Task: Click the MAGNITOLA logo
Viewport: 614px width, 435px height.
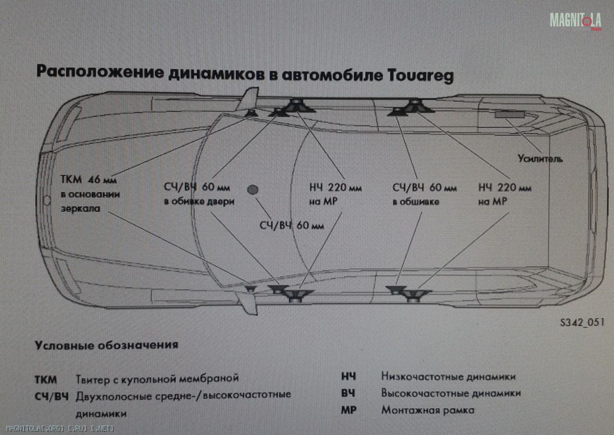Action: pyautogui.click(x=575, y=20)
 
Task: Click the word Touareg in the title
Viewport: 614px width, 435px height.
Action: pyautogui.click(x=421, y=75)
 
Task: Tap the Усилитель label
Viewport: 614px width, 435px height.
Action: pyautogui.click(x=540, y=159)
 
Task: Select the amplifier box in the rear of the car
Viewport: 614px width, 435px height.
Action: pyautogui.click(x=510, y=115)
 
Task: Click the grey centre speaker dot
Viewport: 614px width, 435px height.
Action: pyautogui.click(x=253, y=190)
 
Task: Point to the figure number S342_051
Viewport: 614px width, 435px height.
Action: pyautogui.click(x=582, y=322)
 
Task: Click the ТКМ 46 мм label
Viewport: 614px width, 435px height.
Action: pyautogui.click(x=88, y=179)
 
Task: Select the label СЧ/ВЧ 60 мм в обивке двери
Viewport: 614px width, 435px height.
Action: pyautogui.click(x=199, y=194)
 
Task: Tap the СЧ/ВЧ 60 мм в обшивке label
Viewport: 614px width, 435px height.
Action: pyautogui.click(x=425, y=194)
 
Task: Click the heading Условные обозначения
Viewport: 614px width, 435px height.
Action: pyautogui.click(x=107, y=345)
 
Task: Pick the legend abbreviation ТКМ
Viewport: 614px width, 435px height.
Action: pyautogui.click(x=46, y=379)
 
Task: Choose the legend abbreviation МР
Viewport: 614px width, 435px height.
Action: pyautogui.click(x=349, y=410)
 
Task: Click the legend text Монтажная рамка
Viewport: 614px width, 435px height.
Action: pyautogui.click(x=428, y=410)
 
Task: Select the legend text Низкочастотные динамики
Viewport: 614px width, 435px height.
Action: pyautogui.click(x=448, y=377)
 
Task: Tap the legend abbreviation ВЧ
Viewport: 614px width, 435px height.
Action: pyautogui.click(x=348, y=393)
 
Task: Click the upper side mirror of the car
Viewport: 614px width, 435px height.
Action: pyautogui.click(x=248, y=99)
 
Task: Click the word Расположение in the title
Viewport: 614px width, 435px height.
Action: pyautogui.click(x=100, y=72)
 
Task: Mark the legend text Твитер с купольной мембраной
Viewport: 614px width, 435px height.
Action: pyautogui.click(x=157, y=379)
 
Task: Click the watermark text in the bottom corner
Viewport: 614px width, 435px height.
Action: pyautogui.click(x=59, y=428)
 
